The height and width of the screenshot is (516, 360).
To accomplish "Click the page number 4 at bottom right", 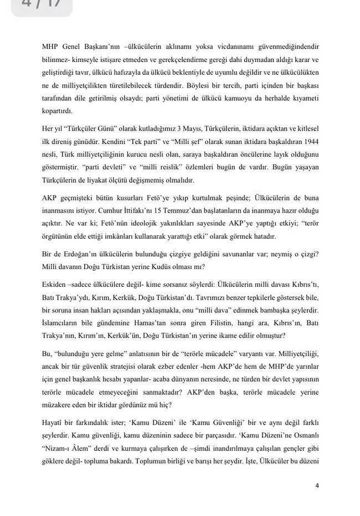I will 317,486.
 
